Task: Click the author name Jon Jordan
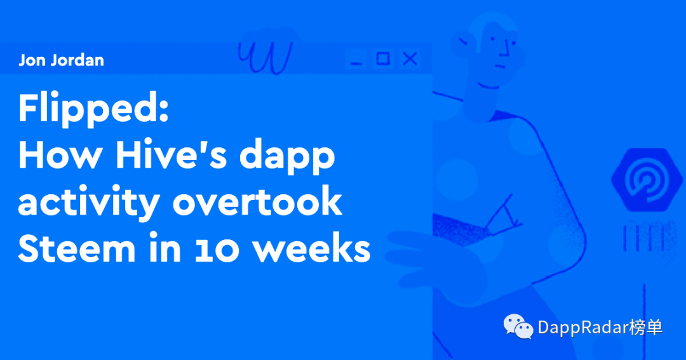(x=61, y=60)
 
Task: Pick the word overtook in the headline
(x=257, y=202)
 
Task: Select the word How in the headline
(x=60, y=156)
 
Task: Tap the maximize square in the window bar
(x=383, y=58)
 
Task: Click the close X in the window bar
(x=410, y=58)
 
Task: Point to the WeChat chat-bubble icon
(x=518, y=326)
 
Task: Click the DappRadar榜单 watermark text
(x=600, y=327)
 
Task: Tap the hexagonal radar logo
(x=647, y=179)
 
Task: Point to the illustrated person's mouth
(x=501, y=67)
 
